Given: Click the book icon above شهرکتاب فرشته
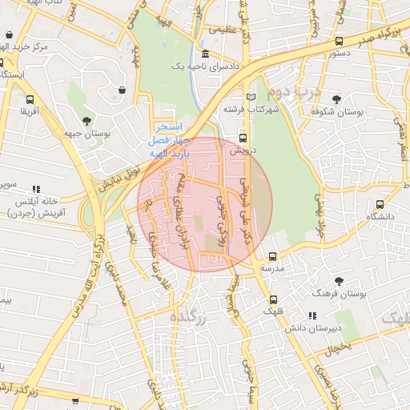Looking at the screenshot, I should tap(251, 97).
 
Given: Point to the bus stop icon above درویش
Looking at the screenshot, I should tap(243, 137).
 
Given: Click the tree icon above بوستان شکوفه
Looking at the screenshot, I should tap(336, 100).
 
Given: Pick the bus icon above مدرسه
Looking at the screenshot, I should tap(273, 257).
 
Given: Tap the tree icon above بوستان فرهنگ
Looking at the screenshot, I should tap(340, 281).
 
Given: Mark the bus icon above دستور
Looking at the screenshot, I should tap(340, 42).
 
